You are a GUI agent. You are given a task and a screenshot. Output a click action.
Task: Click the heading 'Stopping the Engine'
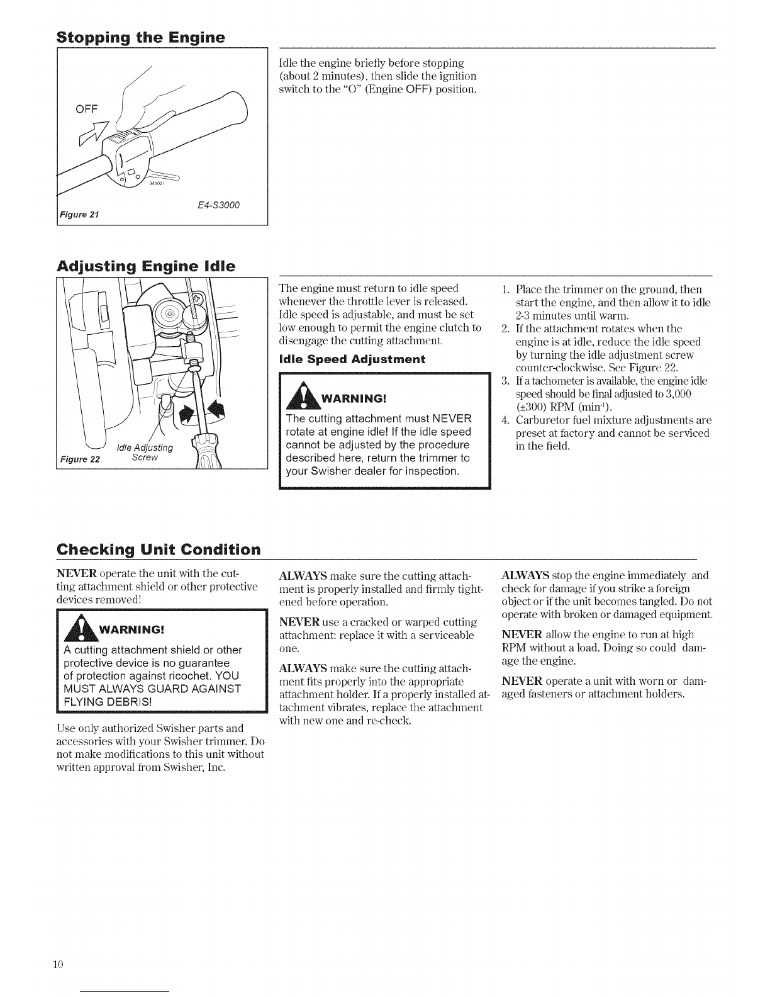point(141,38)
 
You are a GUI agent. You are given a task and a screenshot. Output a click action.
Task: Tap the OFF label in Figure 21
point(87,109)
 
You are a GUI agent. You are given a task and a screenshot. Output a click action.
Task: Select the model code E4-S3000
point(218,205)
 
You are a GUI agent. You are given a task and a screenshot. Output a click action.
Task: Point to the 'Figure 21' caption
point(79,214)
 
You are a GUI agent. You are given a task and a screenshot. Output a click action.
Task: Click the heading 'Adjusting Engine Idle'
point(146,267)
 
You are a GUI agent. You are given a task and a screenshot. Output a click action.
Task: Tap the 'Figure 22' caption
point(80,459)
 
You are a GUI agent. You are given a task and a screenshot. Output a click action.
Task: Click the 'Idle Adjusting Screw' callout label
point(145,453)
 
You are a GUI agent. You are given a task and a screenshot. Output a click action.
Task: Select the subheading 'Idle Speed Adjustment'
point(352,359)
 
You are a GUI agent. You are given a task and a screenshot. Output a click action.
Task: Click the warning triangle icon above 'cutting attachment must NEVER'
point(303,395)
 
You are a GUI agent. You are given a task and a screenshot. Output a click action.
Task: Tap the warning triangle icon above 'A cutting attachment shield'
point(81,627)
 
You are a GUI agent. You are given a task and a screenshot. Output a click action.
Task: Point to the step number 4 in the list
point(505,420)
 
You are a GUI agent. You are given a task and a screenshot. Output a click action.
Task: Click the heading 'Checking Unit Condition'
point(159,549)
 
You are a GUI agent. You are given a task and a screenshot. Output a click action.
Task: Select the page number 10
point(59,964)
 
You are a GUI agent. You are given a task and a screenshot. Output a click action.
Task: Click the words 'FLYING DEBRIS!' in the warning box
point(108,702)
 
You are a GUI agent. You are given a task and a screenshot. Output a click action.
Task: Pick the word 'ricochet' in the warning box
point(193,676)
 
